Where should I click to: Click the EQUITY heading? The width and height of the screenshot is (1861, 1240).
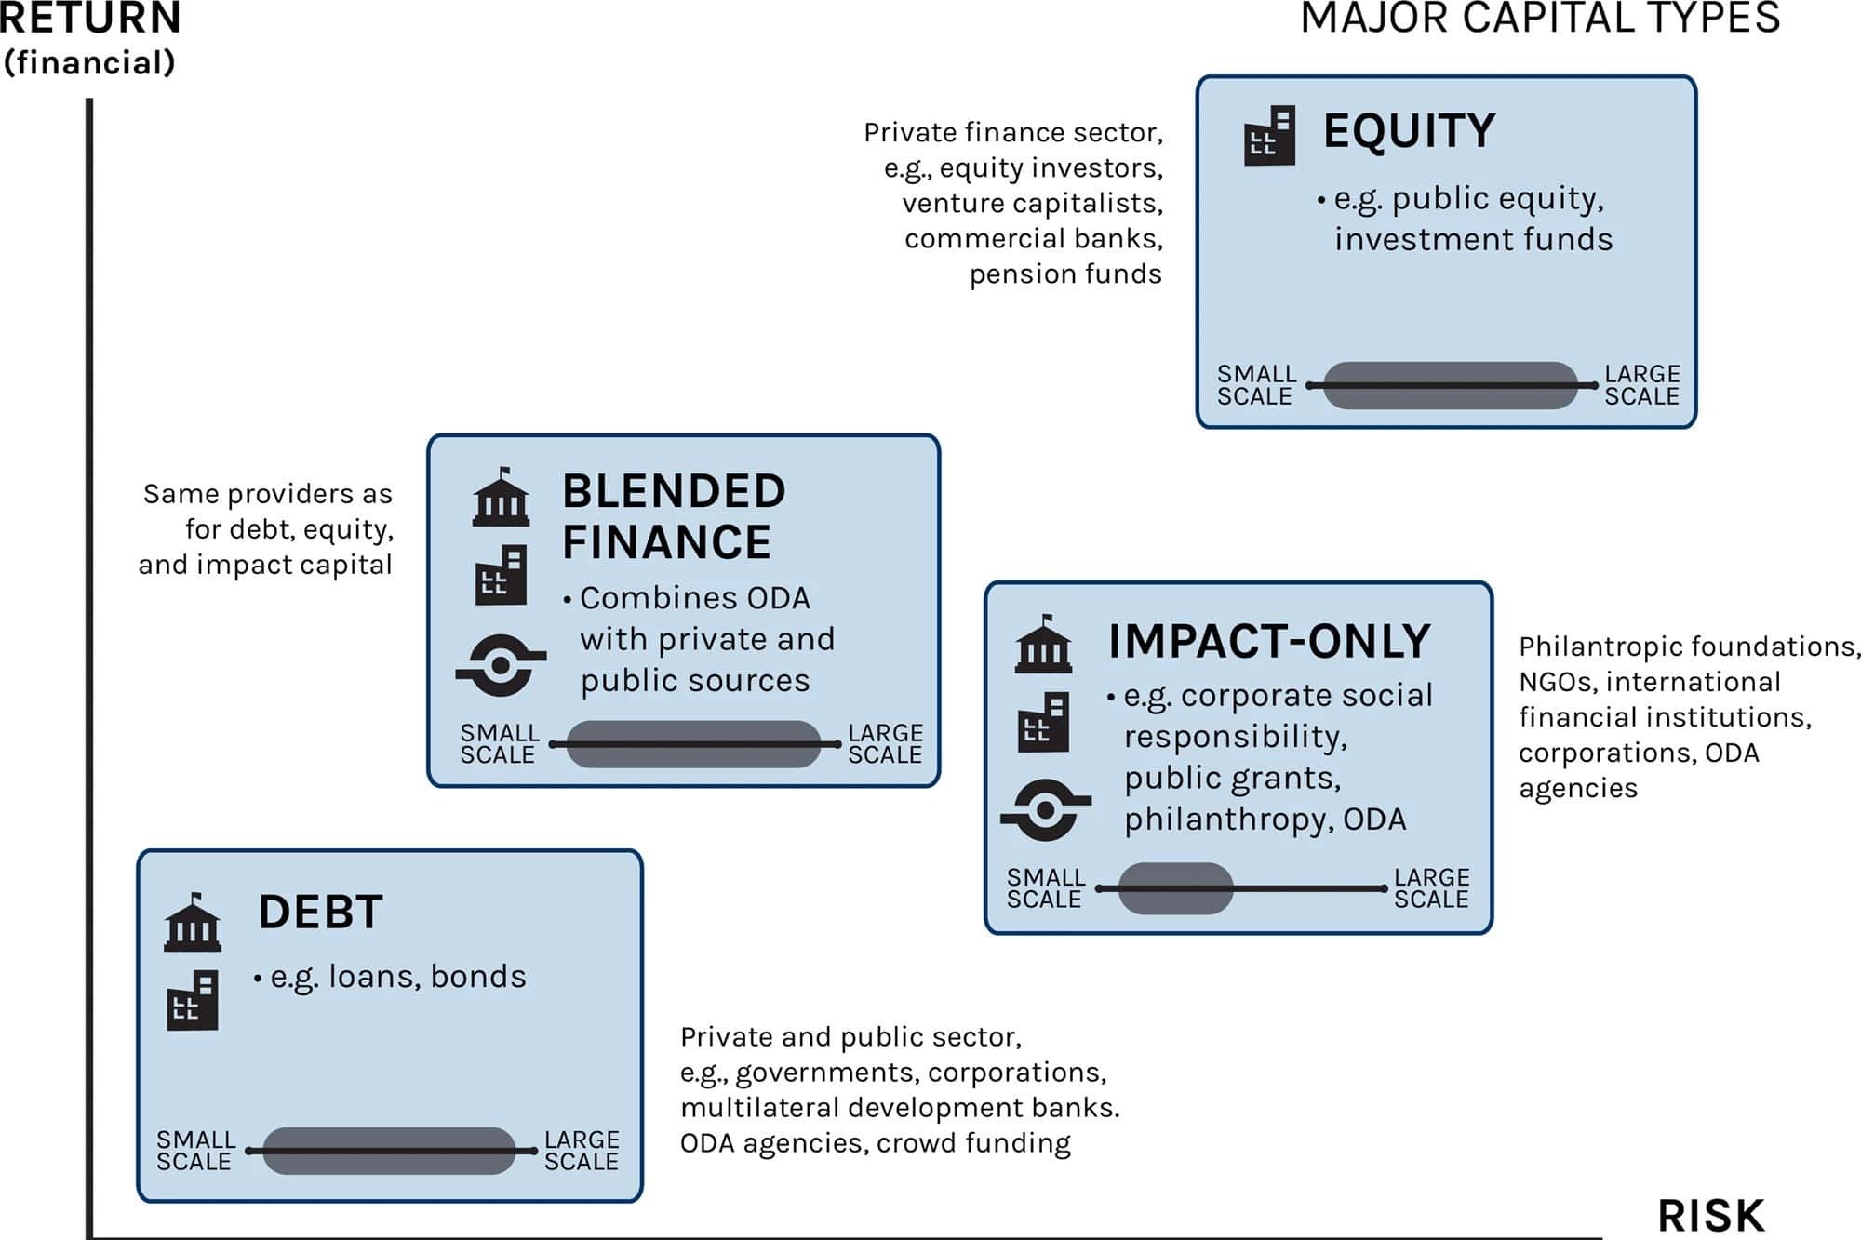click(1409, 130)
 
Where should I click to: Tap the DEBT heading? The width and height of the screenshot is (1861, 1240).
click(321, 912)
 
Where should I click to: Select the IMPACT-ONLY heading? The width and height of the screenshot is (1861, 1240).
click(1269, 641)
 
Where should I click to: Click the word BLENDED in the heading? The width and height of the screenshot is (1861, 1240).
click(675, 491)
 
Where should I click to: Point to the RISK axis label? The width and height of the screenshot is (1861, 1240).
click(1711, 1216)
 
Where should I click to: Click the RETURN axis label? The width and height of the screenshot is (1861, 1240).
click(89, 18)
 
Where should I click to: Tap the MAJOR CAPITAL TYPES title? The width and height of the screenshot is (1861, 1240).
click(1540, 18)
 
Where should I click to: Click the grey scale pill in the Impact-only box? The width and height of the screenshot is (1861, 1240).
click(1175, 888)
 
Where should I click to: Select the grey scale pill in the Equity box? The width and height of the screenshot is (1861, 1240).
click(1450, 385)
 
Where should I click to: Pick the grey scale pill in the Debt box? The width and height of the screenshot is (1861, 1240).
click(389, 1151)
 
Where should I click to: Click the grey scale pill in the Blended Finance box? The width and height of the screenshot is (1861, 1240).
click(693, 744)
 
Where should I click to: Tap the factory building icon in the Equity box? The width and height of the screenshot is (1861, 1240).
click(1269, 136)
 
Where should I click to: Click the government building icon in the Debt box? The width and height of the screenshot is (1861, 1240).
click(193, 922)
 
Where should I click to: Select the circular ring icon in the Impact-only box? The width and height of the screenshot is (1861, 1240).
click(1045, 810)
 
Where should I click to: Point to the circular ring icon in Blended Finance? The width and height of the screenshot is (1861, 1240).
click(501, 665)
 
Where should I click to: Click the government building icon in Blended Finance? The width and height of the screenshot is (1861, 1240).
click(502, 497)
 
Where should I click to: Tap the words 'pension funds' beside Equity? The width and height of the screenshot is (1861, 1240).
click(1065, 274)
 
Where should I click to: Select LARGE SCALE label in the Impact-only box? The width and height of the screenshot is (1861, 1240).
click(1431, 888)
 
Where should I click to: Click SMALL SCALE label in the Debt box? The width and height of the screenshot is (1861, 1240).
click(195, 1151)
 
